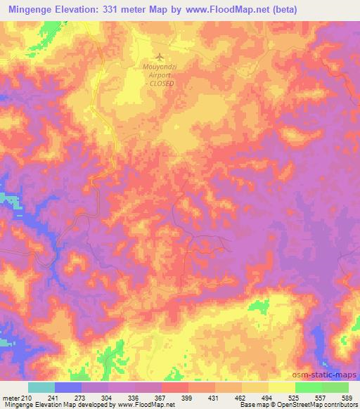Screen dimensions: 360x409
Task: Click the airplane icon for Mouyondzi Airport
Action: (x=159, y=56)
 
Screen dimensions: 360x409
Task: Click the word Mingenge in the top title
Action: (x=32, y=9)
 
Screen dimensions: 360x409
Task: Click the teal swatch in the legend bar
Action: (x=41, y=387)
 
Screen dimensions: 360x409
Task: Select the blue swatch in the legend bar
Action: (x=68, y=387)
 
